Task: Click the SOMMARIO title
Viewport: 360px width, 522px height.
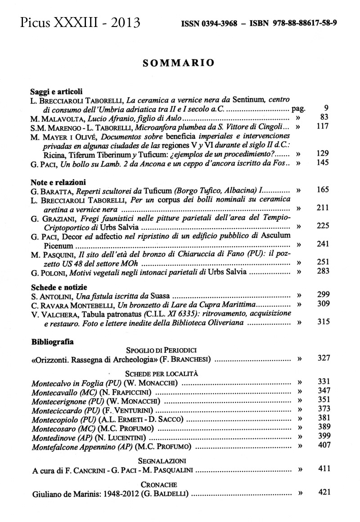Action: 178,62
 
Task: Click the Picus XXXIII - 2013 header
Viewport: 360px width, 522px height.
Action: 80,22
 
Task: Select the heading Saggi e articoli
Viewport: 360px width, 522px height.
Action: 56,91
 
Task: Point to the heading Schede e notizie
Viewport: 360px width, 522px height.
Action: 59,287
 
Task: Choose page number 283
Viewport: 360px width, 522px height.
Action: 323,271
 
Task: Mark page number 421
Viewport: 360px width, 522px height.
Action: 324,492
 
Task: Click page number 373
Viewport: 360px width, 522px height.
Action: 324,409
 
